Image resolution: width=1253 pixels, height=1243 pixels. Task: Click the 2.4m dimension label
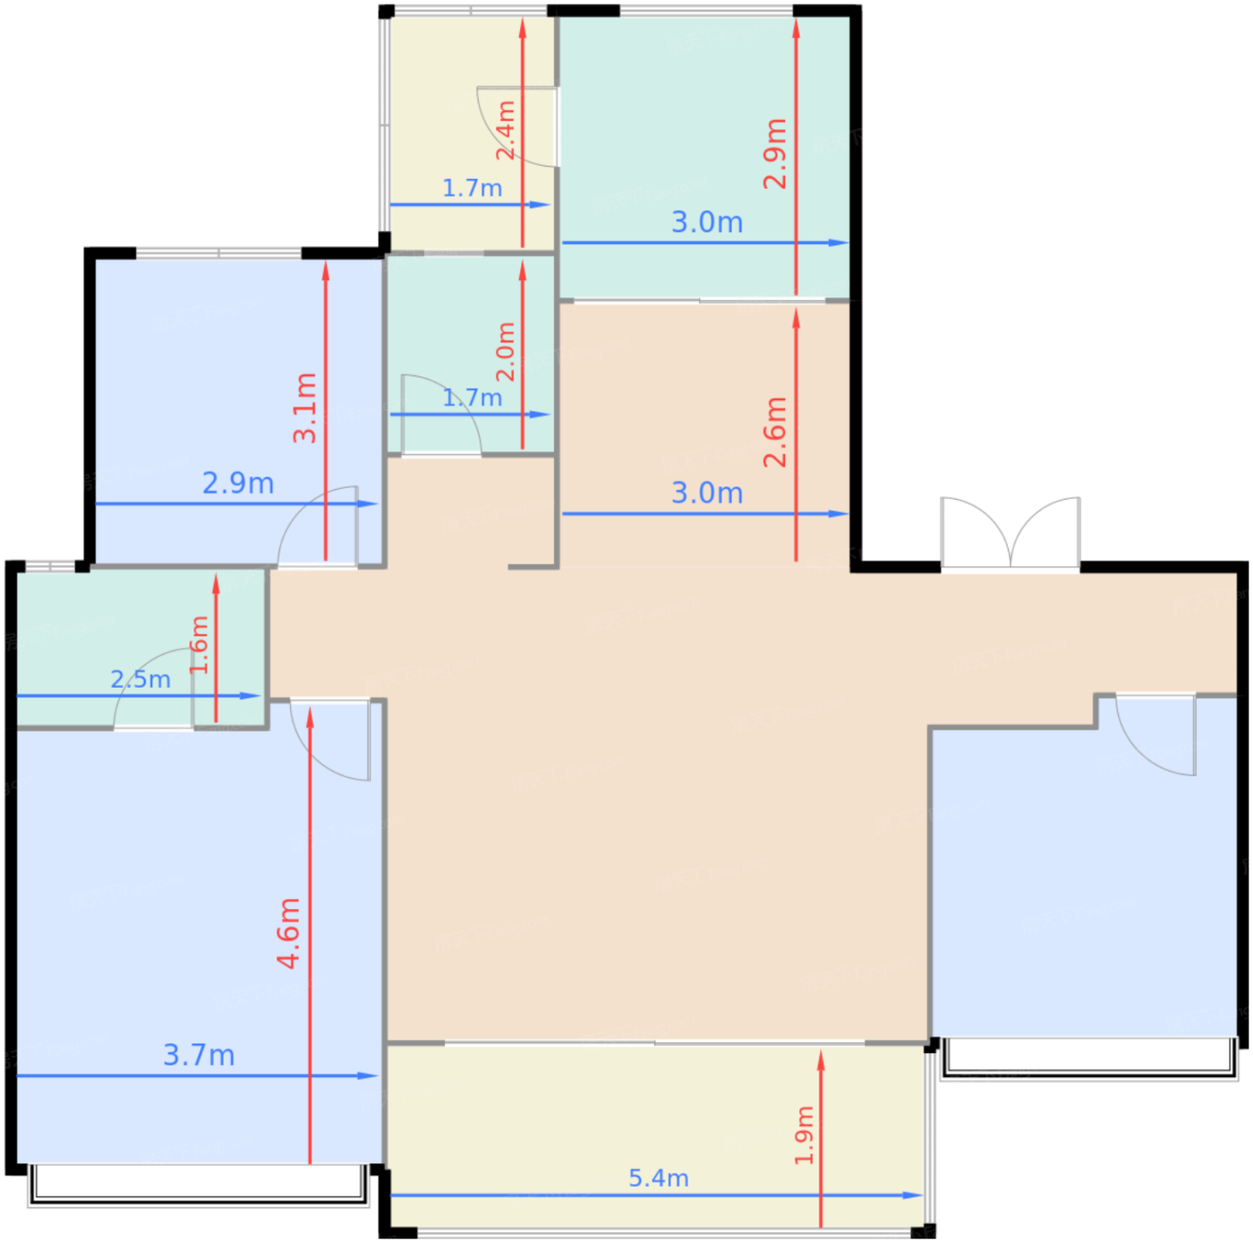tap(506, 130)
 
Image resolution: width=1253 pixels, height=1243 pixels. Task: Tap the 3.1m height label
tap(304, 408)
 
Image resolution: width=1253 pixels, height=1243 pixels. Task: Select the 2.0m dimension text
tap(506, 351)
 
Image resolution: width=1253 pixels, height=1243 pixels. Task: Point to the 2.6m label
tap(774, 432)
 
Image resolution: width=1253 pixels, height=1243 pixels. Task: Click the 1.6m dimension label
tap(199, 644)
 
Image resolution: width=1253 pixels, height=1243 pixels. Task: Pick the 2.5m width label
tap(141, 679)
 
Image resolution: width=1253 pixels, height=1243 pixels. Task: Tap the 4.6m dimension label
tap(288, 932)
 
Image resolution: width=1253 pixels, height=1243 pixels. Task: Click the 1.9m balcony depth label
tap(804, 1135)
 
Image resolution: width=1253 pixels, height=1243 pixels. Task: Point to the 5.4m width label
tap(658, 1178)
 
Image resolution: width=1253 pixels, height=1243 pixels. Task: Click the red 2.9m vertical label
tap(774, 154)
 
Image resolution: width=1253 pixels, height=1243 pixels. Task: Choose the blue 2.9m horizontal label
tap(238, 483)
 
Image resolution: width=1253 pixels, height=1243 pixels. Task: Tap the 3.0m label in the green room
tap(707, 222)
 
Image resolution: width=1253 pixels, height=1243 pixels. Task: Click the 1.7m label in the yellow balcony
tap(472, 188)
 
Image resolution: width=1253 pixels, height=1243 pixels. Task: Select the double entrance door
tap(1010, 535)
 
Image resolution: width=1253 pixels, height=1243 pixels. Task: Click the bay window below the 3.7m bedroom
tap(198, 1186)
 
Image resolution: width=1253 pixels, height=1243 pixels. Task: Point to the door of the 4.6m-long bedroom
tap(329, 740)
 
